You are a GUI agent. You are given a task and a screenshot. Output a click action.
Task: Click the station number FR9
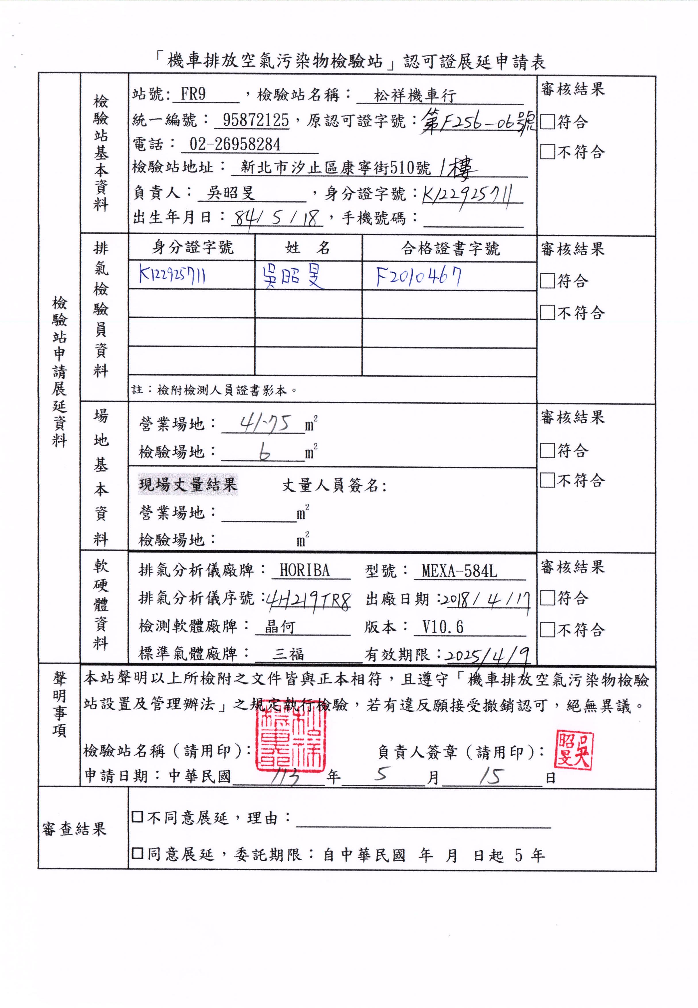[193, 95]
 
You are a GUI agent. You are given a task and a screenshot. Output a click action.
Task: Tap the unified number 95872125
[256, 120]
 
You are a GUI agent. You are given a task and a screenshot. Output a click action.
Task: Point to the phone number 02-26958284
[235, 144]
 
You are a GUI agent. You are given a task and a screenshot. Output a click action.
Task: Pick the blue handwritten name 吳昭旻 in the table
[293, 277]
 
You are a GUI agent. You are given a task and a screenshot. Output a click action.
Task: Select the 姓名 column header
[308, 248]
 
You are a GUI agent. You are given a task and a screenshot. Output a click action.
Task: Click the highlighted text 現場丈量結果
[188, 484]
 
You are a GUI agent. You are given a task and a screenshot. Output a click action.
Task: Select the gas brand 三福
[288, 654]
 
